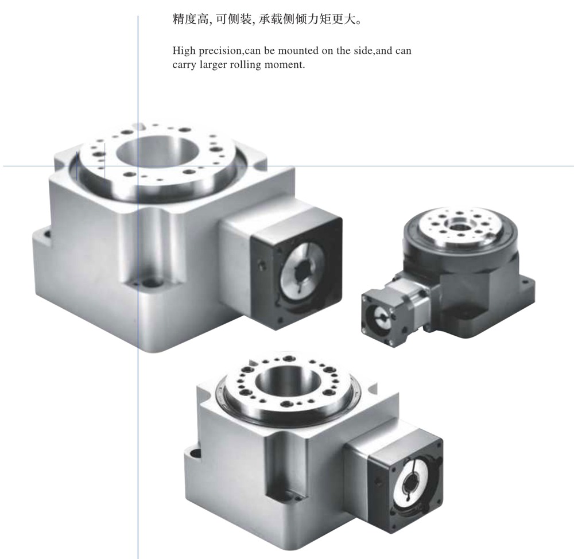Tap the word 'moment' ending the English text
284,64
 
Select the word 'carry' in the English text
185,64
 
